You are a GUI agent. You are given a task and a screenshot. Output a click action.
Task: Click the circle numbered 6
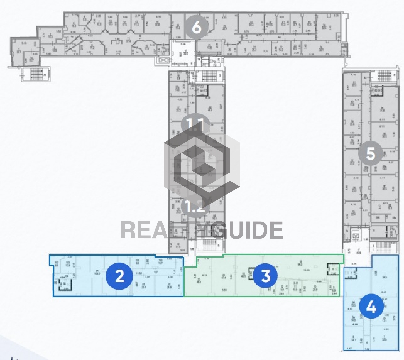point(197,28)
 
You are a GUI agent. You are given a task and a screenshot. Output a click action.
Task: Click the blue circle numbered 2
point(119,276)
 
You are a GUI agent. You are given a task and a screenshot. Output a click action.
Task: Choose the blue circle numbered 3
point(265,276)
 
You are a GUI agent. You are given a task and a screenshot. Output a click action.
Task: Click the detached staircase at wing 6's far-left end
point(35,74)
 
